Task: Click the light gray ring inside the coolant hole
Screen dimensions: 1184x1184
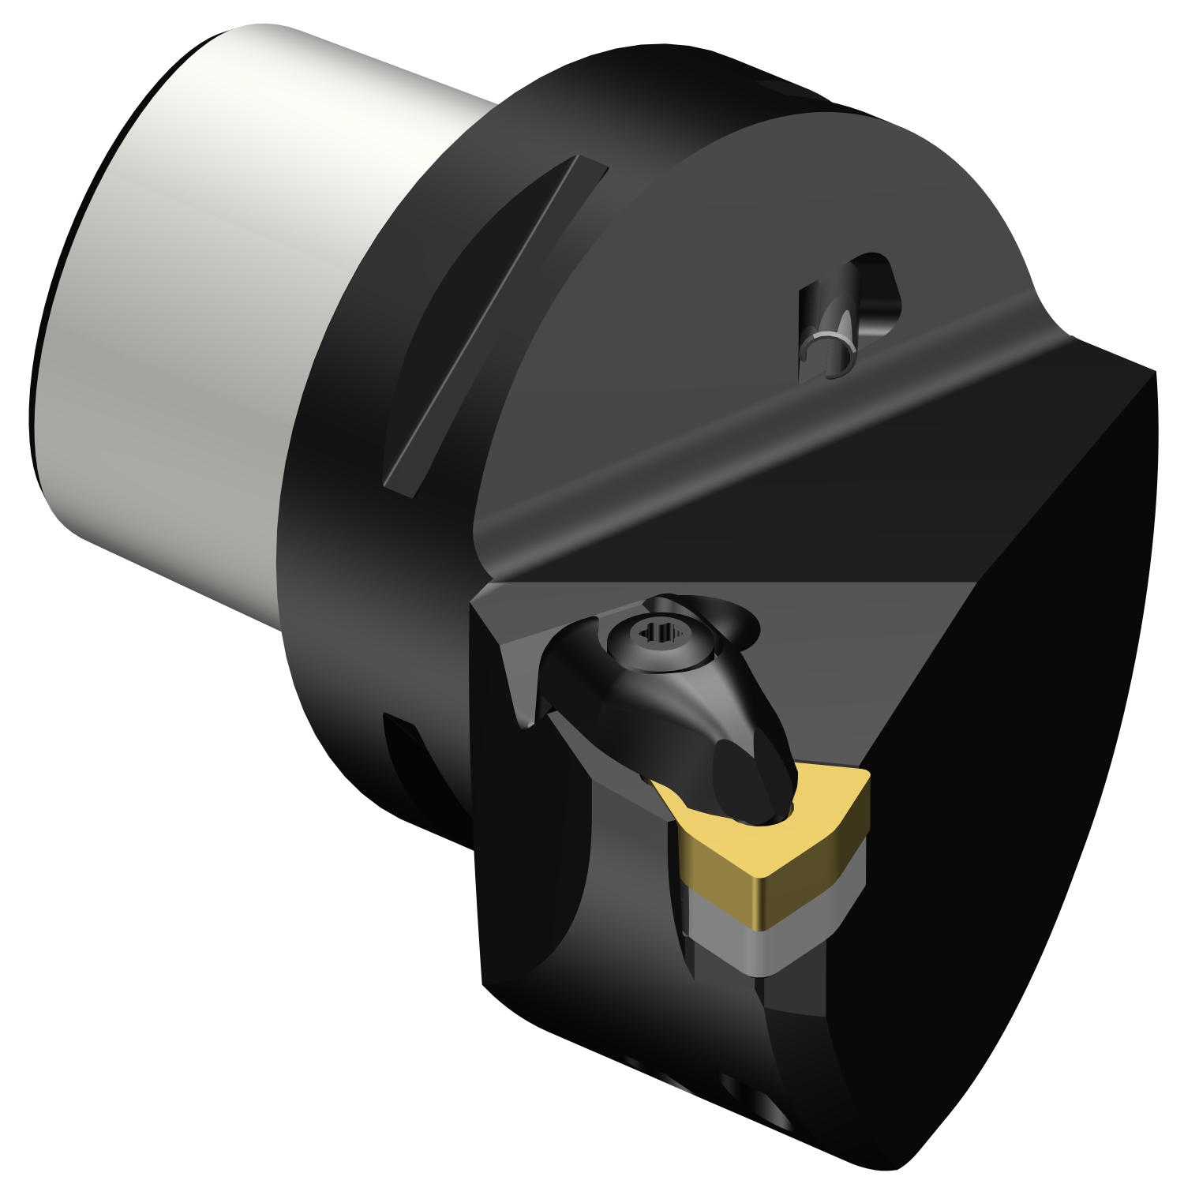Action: [829, 343]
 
